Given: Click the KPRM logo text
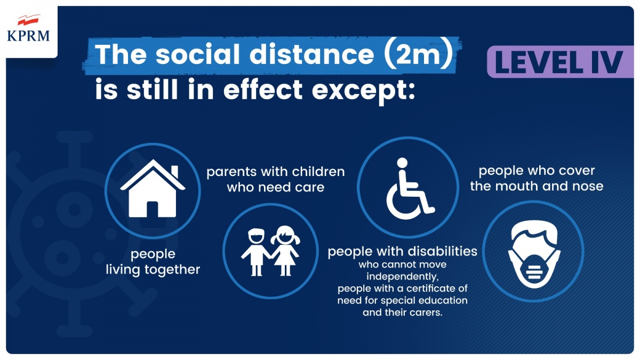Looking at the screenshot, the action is click(28, 36).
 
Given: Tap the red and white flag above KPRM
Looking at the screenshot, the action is click(29, 20).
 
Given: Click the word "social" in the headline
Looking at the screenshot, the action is click(198, 54).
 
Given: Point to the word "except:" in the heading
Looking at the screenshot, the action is click(363, 91).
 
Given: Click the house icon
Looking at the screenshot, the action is click(153, 189).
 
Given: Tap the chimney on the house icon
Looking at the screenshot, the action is click(174, 172).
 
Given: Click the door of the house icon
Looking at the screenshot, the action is click(153, 210).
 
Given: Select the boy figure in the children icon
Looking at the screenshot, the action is click(256, 252).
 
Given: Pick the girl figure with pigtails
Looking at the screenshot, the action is click(285, 251).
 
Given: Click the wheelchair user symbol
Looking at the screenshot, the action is click(410, 189).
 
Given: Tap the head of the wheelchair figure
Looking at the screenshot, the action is click(402, 163).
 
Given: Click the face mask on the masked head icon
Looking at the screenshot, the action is click(534, 270).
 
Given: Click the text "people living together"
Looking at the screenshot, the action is click(153, 262).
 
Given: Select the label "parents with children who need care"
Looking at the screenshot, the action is click(276, 179).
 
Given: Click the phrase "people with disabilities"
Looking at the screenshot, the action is click(402, 252).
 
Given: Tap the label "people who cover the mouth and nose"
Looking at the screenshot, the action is click(537, 178).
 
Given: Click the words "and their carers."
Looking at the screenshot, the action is click(403, 313).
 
